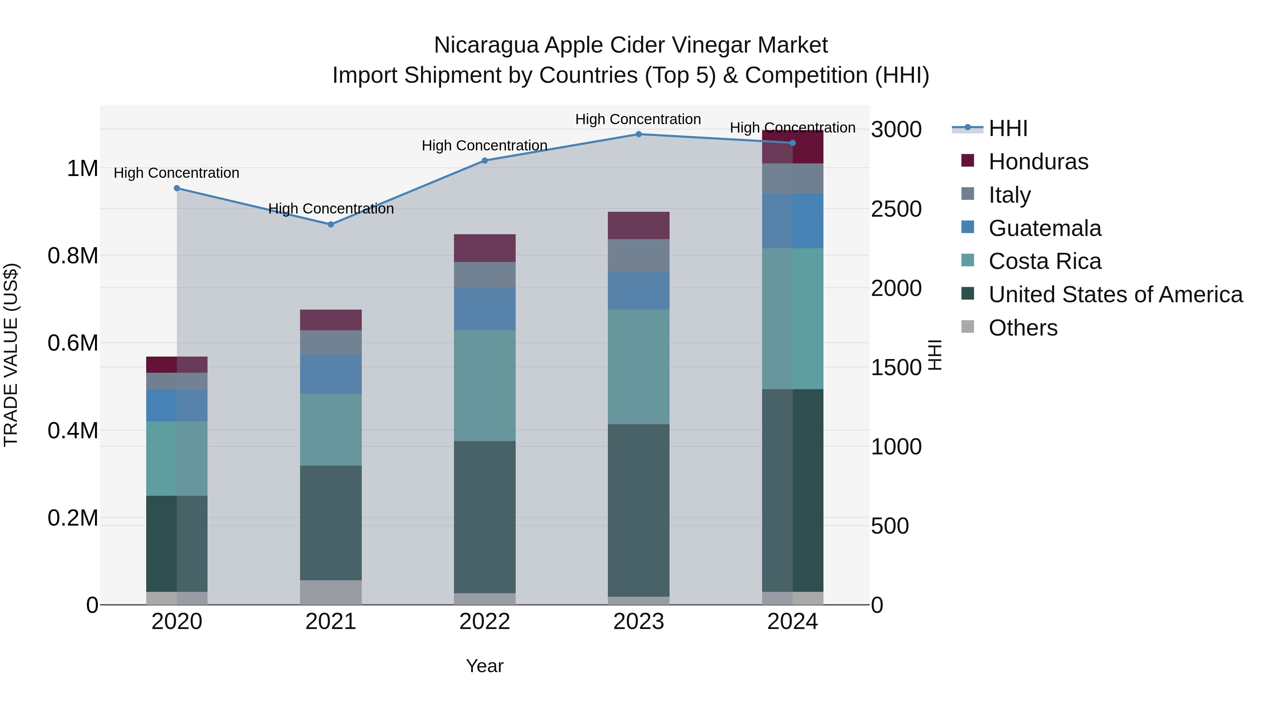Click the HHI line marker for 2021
pos(331,224)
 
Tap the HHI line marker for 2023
pos(638,134)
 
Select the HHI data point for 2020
pos(177,188)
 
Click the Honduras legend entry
pos(1038,162)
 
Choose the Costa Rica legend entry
pos(1045,261)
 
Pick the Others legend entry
pos(1023,328)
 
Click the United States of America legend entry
pos(1115,295)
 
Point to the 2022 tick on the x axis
pos(484,622)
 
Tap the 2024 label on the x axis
pos(792,622)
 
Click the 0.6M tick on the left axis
pos(73,343)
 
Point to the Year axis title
pos(484,666)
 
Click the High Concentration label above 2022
pos(484,146)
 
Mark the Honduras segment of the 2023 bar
pos(638,225)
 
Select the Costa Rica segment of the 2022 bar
pos(484,386)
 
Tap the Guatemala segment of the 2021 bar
pos(331,374)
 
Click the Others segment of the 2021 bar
pos(331,593)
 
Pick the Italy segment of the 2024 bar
pos(792,178)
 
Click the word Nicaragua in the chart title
pos(487,45)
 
